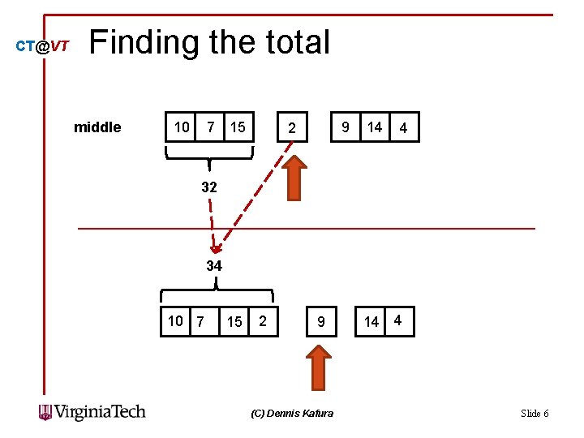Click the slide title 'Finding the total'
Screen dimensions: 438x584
[x=209, y=42]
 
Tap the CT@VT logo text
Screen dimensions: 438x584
[x=43, y=47]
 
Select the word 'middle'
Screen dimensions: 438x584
[x=97, y=127]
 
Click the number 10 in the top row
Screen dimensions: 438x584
[x=182, y=127]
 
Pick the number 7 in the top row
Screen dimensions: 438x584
[x=211, y=127]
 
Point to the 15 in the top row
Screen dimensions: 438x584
[x=238, y=127]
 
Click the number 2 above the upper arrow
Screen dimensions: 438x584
[x=294, y=128]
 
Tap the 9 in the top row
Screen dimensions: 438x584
[x=346, y=127]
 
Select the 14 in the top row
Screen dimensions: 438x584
[x=374, y=127]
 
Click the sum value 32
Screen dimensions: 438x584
[x=209, y=187]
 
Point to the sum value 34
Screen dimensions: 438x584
[x=214, y=265]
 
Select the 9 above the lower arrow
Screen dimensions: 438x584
[x=321, y=322]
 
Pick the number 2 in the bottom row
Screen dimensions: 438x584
[x=263, y=320]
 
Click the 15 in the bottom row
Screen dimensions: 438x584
[x=234, y=322]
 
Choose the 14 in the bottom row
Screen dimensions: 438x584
[x=371, y=322]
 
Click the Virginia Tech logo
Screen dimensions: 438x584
[x=92, y=412]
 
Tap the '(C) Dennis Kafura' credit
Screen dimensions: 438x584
[x=292, y=414]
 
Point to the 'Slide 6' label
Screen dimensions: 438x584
[x=534, y=414]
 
